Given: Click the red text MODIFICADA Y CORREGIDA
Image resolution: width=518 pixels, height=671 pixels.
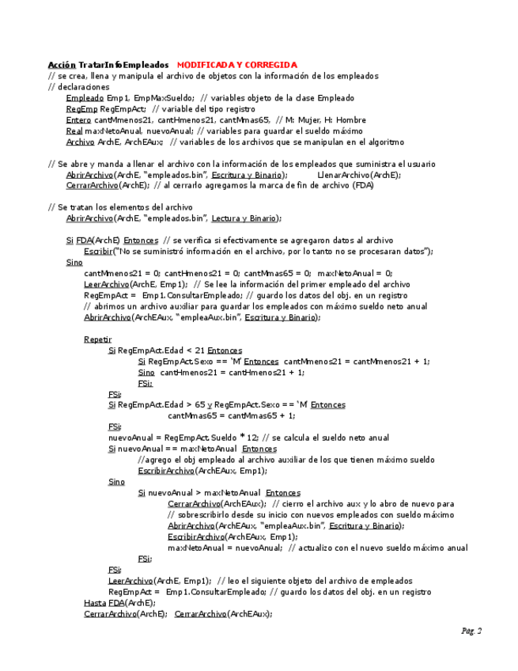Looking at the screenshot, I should [236, 65].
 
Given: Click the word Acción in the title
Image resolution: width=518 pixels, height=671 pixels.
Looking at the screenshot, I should [62, 65].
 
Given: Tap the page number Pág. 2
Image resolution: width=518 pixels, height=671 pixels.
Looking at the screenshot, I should [471, 631].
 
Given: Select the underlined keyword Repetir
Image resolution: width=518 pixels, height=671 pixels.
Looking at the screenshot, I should [98, 339].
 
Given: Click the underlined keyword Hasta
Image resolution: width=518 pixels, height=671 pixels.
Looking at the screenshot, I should [96, 602].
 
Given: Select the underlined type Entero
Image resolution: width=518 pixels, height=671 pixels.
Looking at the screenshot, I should [79, 120].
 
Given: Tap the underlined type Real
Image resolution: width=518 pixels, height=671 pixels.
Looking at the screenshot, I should [74, 131].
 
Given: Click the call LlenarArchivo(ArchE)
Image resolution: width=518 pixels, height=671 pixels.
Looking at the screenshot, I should [358, 175].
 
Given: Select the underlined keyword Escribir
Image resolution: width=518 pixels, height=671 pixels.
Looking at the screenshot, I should [98, 252].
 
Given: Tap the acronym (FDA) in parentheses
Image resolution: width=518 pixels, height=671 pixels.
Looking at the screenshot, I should [362, 186].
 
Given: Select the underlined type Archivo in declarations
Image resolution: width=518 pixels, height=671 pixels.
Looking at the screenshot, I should [81, 142].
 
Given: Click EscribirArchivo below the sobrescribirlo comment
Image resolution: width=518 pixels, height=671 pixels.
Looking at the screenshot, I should [195, 536].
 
